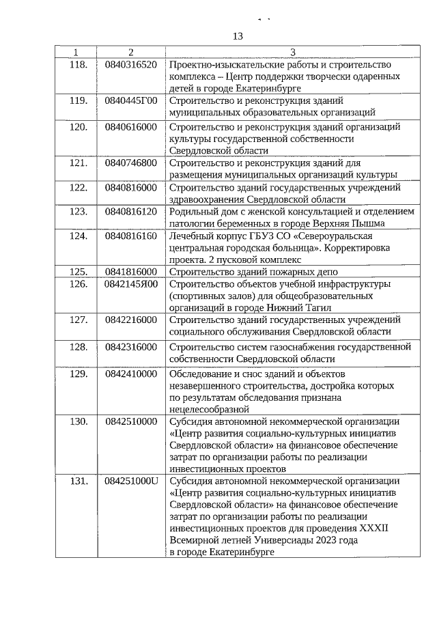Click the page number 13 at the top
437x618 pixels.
238,36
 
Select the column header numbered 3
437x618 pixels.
293,53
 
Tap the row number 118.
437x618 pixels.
79,64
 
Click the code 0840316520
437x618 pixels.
131,64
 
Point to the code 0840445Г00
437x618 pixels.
131,100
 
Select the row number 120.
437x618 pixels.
79,127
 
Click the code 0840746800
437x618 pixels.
131,163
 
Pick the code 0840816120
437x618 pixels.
131,212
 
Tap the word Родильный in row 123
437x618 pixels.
194,212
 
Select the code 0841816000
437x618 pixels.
131,272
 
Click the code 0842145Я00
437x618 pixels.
131,284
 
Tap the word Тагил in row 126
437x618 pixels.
317,308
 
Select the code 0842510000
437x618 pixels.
131,421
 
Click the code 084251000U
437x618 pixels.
131,481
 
